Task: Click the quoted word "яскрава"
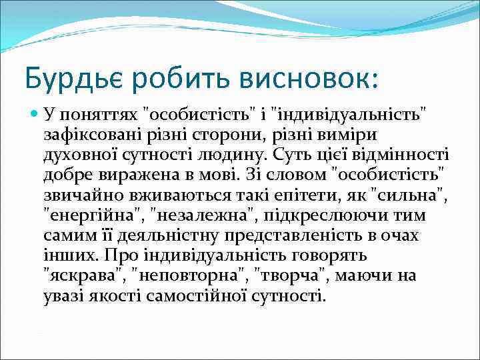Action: tap(84, 275)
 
